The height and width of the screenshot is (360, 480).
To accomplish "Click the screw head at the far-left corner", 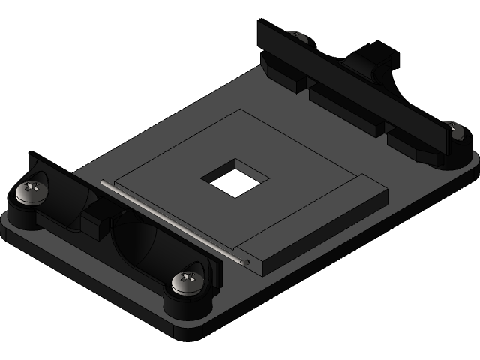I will [x=32, y=190].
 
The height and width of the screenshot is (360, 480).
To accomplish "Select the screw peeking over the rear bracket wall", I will [x=298, y=35].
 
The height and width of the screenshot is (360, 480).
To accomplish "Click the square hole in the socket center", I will [x=235, y=178].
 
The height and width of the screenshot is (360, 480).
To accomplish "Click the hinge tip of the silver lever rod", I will [x=247, y=261].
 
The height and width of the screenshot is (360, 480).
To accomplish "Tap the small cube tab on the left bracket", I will [x=94, y=223].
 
